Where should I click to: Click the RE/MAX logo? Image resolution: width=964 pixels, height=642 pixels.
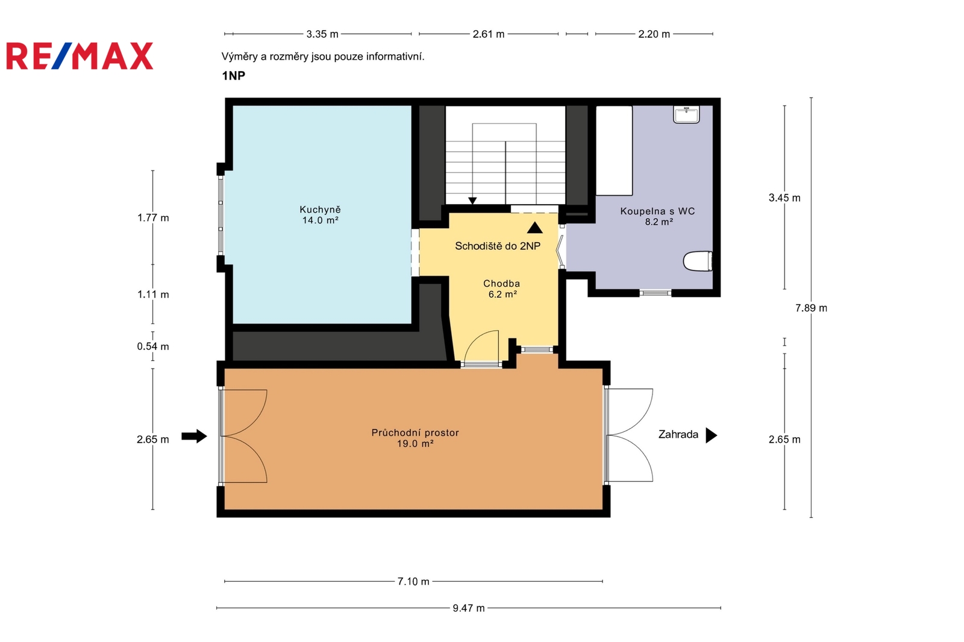point(80,56)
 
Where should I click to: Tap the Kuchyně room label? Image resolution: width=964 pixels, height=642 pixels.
point(320,215)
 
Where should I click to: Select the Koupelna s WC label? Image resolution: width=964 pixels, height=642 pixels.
point(657,216)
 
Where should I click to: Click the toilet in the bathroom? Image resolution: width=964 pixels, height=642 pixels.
point(698,261)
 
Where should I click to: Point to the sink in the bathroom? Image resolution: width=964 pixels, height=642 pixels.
point(686,115)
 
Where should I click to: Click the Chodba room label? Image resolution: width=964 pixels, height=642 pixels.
point(502,288)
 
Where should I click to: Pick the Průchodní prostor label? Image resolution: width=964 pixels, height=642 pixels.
point(415,438)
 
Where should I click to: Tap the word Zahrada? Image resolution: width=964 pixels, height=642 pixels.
point(678,435)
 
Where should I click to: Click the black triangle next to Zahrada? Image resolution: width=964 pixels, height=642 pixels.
point(712,435)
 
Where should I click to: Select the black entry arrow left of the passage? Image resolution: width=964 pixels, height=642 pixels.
point(194,436)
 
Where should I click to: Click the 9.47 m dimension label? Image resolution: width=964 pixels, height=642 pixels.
point(469,608)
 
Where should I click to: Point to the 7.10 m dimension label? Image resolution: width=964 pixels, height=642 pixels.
point(413,581)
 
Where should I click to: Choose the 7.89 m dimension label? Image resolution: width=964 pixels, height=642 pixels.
point(811,308)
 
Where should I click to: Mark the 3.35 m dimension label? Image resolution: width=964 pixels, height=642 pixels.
point(322,34)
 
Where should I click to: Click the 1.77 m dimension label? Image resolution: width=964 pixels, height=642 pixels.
point(153,218)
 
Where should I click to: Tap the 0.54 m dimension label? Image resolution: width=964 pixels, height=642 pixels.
point(153,346)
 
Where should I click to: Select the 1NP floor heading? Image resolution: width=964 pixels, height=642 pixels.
point(234,76)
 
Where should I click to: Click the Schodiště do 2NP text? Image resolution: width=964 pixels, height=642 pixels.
point(498,246)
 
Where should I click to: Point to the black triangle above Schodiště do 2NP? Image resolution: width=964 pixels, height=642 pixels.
point(535,228)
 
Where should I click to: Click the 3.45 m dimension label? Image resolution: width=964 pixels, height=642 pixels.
point(784,198)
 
